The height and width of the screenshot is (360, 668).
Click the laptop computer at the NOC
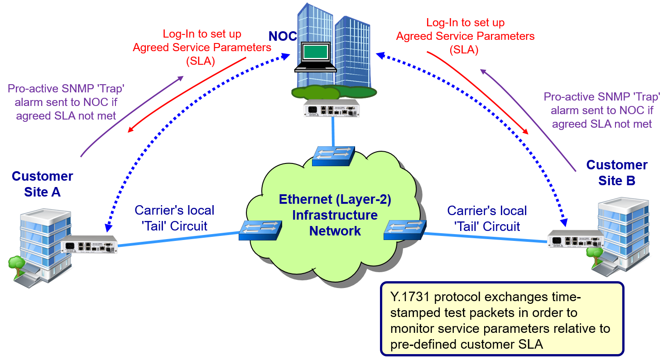[x=316, y=56]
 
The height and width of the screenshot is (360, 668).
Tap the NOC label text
[x=282, y=37]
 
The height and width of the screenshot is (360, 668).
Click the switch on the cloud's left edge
[x=260, y=230]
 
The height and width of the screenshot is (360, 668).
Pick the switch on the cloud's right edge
[x=404, y=230]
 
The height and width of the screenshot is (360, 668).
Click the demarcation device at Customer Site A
[x=89, y=245]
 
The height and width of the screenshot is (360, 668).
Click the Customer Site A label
[x=42, y=184]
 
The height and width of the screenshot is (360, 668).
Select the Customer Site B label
[x=616, y=173]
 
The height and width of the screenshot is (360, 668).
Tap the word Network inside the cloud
[x=335, y=230]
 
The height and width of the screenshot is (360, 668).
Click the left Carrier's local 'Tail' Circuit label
[x=174, y=218]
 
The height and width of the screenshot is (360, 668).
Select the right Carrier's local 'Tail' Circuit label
[x=487, y=218]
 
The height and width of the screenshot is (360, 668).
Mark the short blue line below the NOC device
[x=333, y=131]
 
